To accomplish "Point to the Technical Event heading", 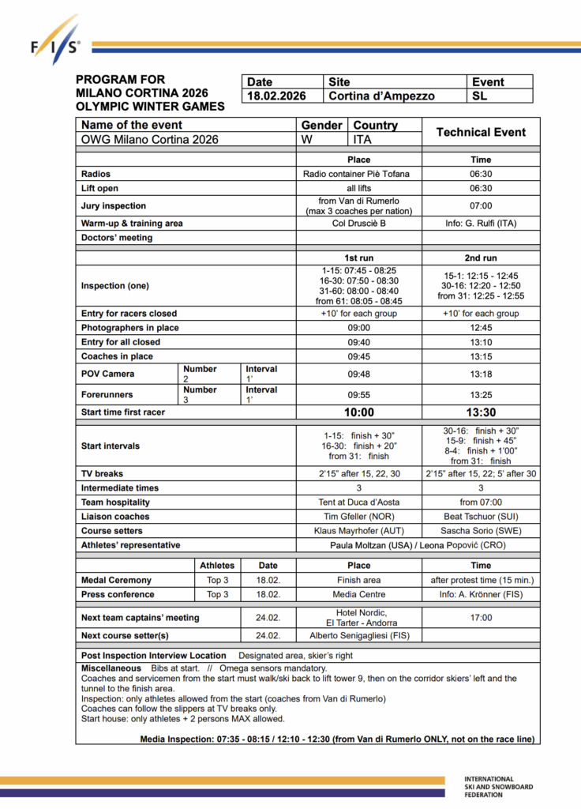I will point(481,132).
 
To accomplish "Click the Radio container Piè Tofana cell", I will point(358,174).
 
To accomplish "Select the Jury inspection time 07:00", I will point(481,205).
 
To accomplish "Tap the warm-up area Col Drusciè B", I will point(358,224).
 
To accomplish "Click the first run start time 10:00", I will point(358,412).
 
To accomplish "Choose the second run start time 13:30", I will point(481,412).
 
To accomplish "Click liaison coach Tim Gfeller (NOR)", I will point(358,517).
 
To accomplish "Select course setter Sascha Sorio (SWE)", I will point(481,531).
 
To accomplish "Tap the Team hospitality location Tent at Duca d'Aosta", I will point(358,502).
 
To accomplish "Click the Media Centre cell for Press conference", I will point(358,594).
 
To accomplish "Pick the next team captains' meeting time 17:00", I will point(481,618).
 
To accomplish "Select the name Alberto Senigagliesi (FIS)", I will point(358,636).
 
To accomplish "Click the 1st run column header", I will point(358,258).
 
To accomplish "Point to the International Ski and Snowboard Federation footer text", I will point(498,787).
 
